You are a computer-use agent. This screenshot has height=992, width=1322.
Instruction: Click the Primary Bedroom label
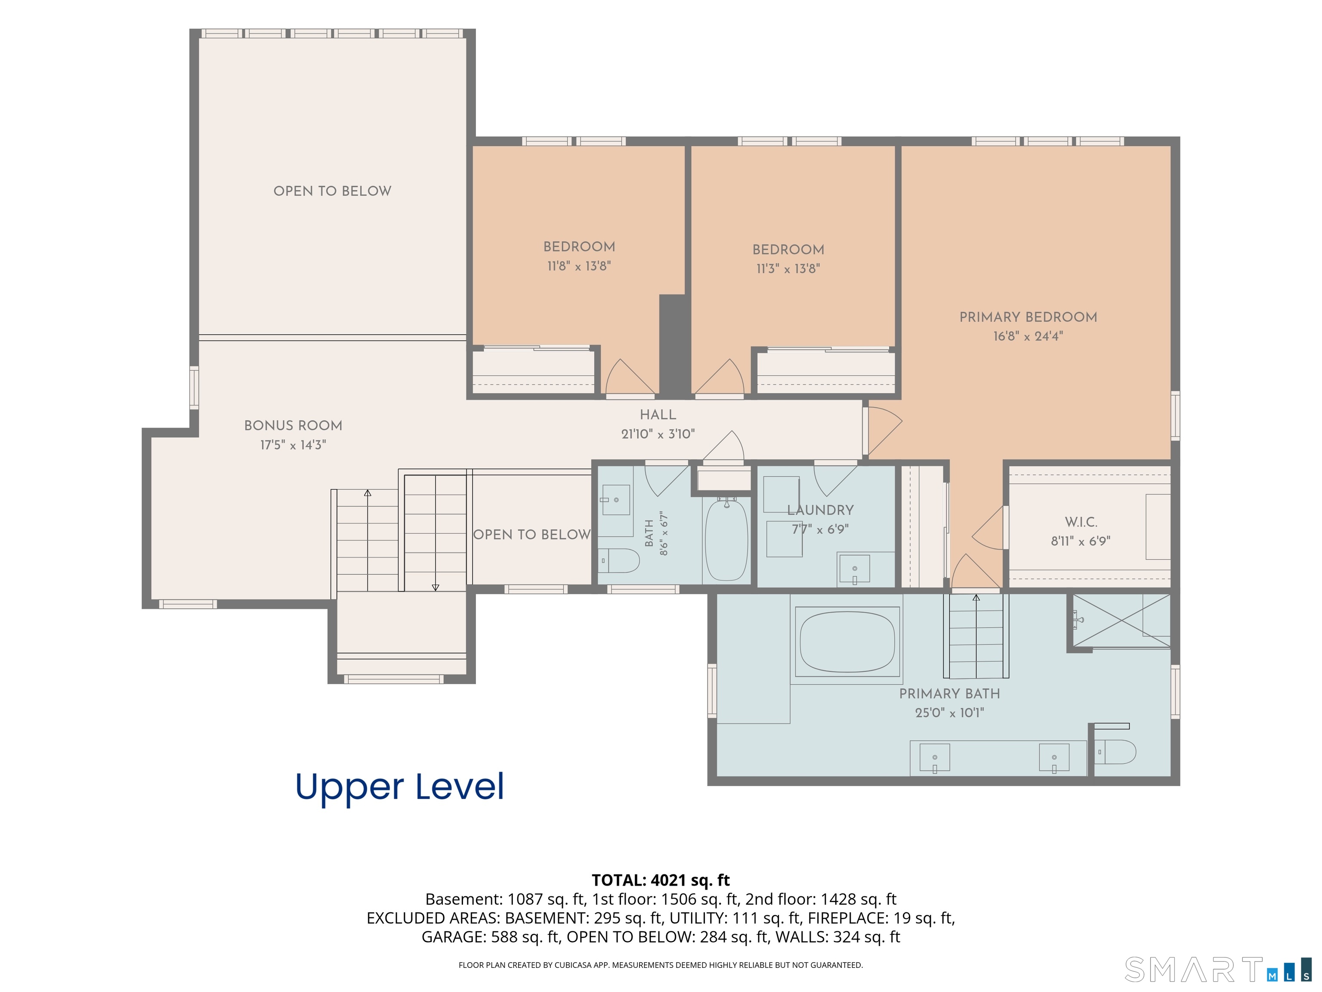click(1028, 317)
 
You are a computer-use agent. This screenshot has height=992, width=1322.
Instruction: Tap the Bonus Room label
click(293, 426)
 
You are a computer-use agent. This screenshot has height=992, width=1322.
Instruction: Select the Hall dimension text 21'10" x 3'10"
click(658, 434)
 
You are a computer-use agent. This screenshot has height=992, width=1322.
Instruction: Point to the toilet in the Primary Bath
click(1115, 752)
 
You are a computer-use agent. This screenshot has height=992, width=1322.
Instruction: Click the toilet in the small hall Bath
click(618, 561)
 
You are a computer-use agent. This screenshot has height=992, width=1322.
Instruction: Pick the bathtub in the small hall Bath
click(726, 540)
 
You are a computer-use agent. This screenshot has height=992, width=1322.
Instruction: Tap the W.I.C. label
click(1081, 522)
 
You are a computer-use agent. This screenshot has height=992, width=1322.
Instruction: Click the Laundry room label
click(820, 510)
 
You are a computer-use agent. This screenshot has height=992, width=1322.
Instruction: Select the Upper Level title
click(400, 787)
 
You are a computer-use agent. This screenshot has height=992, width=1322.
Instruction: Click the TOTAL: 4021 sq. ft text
click(661, 880)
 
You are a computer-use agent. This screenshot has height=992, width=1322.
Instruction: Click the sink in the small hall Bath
click(615, 499)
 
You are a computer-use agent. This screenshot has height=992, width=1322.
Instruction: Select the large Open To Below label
click(332, 191)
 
